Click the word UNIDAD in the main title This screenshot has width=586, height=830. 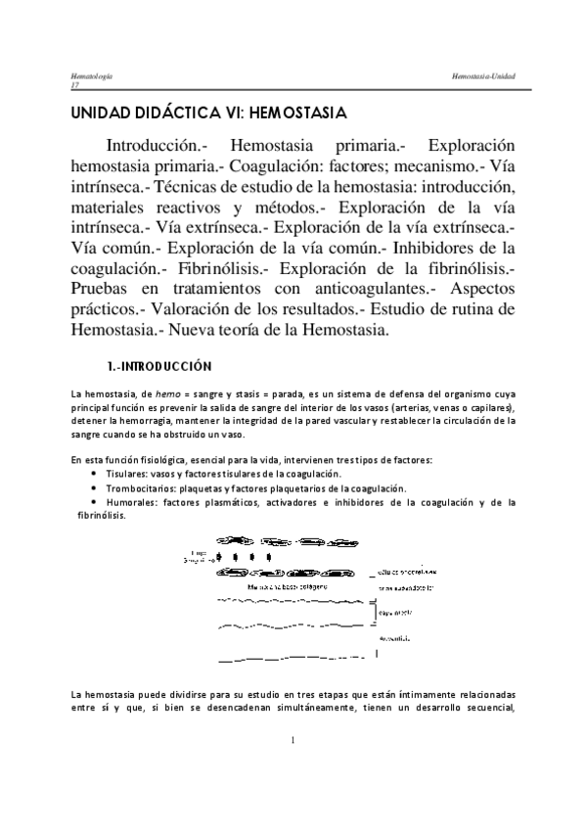point(94,114)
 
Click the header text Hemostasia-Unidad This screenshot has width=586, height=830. point(478,76)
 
